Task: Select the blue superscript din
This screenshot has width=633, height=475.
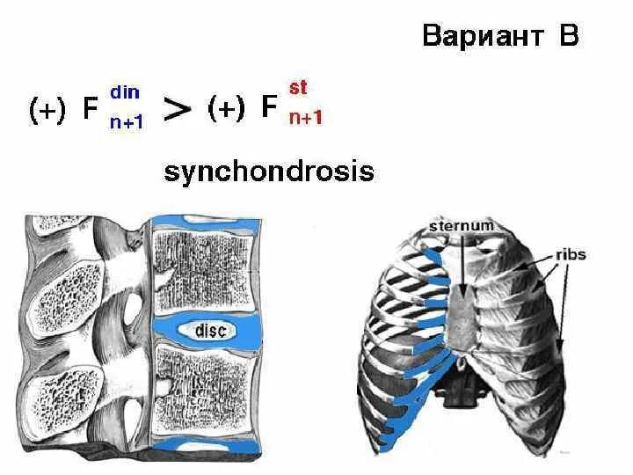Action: click(123, 91)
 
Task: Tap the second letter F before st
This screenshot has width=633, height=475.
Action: click(270, 109)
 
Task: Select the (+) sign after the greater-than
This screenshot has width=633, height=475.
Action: click(225, 109)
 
